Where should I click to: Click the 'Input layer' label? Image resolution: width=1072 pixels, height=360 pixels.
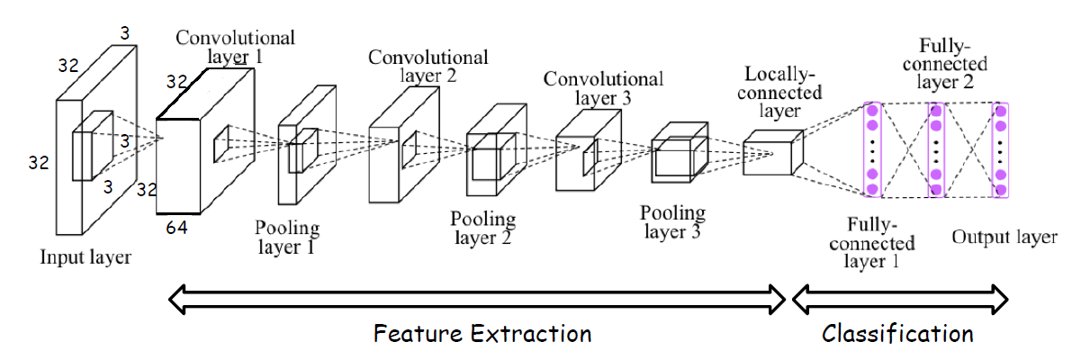[x=86, y=258]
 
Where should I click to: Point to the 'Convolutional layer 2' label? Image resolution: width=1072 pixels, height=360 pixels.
[x=428, y=67]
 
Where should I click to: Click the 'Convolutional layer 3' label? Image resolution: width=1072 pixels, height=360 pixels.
[x=603, y=88]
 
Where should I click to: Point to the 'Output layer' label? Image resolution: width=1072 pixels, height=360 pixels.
[x=1004, y=238]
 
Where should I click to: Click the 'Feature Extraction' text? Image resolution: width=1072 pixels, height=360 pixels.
[x=482, y=334]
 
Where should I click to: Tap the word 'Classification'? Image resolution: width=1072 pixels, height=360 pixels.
[x=897, y=334]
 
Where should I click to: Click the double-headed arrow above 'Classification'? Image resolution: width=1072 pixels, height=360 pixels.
[x=898, y=298]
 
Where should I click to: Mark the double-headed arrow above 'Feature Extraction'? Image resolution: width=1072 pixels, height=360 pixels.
[x=477, y=298]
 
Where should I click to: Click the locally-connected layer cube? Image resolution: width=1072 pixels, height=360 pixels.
[x=771, y=151]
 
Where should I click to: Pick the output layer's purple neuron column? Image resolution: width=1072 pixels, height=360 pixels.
[x=999, y=150]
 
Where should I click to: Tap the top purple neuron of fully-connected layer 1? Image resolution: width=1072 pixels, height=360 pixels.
[x=871, y=111]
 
